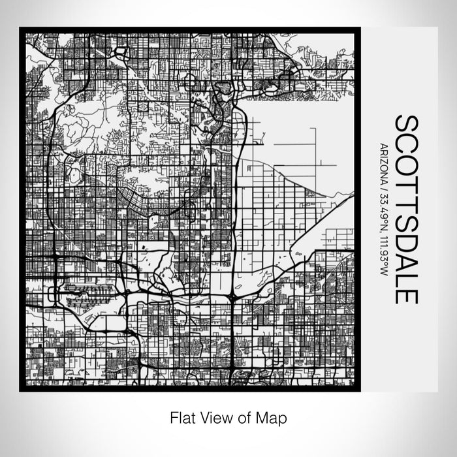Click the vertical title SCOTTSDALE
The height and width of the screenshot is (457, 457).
pyautogui.click(x=406, y=210)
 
